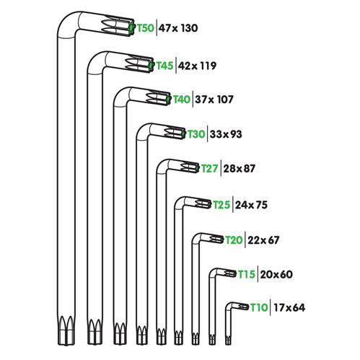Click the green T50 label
point(146,28)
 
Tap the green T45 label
point(165,66)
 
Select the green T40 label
point(182,99)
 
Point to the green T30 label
point(196,134)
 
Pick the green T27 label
point(210,168)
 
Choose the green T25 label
point(221,205)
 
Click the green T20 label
point(234,240)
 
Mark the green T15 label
point(246,274)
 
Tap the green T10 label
point(259,307)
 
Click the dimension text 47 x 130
point(178,28)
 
